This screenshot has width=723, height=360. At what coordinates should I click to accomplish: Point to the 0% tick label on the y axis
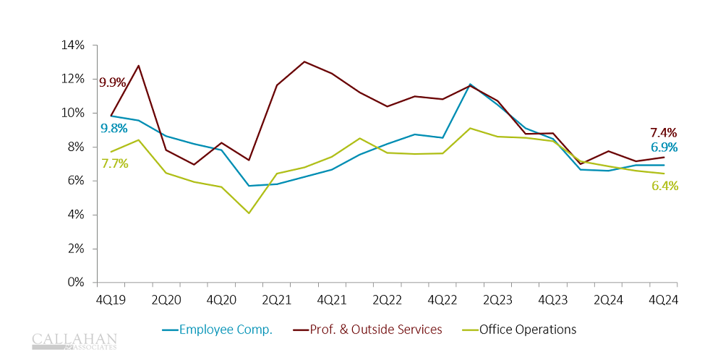tap(77, 283)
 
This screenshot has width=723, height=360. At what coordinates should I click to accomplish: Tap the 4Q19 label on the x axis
tap(111, 299)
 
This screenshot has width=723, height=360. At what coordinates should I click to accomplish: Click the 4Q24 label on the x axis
tap(664, 299)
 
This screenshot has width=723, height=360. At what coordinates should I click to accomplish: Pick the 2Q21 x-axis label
tap(276, 299)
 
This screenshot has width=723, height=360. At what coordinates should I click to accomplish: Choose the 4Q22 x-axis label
tap(442, 299)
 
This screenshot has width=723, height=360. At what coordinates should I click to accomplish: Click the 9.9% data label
tap(112, 82)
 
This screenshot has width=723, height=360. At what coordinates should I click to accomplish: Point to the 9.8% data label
tap(114, 128)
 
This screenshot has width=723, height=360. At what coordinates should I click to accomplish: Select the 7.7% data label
tap(114, 163)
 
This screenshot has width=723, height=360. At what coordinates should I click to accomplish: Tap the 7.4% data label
tap(663, 132)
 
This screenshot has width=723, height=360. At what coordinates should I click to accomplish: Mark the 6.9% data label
tap(663, 147)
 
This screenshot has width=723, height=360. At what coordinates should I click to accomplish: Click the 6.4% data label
tap(664, 186)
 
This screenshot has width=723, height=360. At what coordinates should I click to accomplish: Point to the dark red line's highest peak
tap(304, 61)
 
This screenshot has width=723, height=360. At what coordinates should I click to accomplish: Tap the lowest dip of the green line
tap(249, 213)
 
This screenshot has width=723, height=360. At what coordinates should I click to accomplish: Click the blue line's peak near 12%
tap(470, 85)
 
